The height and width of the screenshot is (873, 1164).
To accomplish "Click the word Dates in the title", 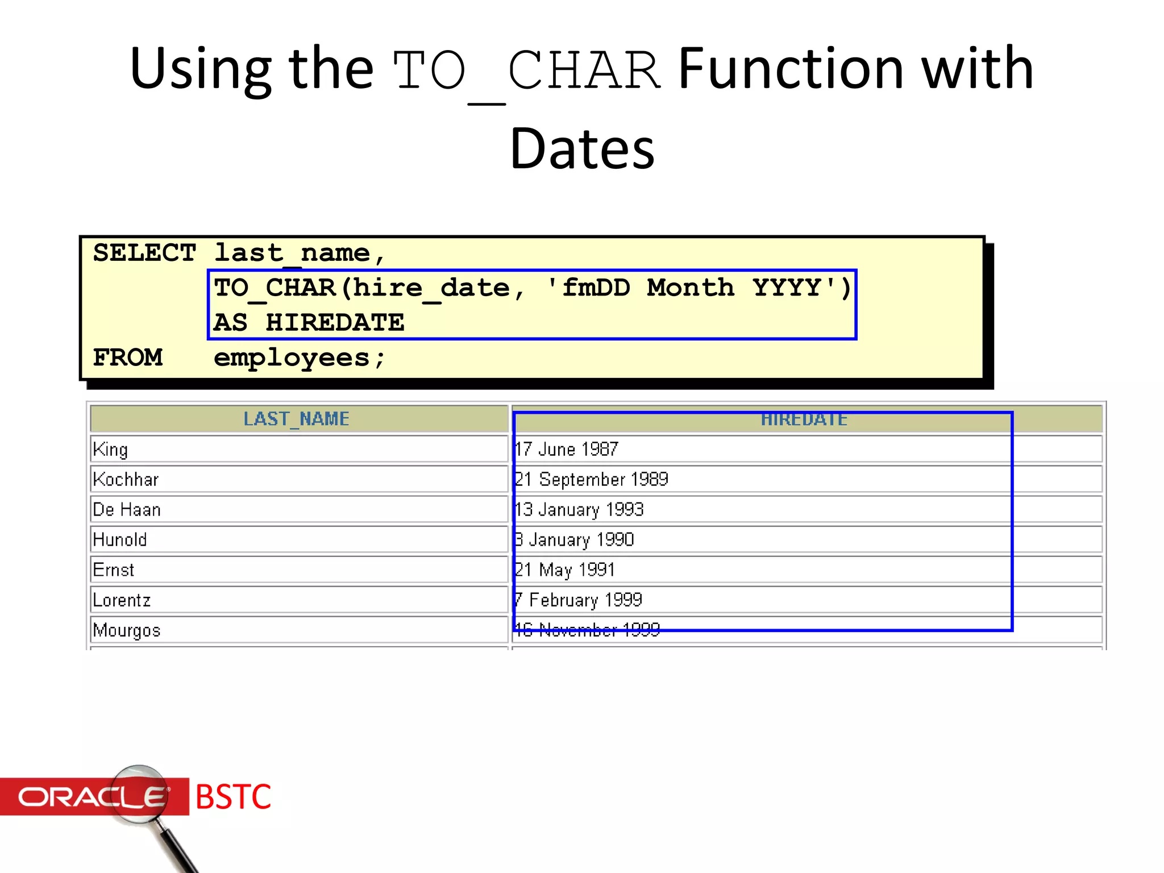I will (x=582, y=149).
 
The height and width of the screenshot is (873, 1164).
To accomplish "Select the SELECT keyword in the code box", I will (x=144, y=253).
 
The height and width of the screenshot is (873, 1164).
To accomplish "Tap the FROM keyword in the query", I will (x=128, y=357).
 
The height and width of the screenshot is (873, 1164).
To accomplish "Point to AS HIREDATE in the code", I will (x=309, y=323).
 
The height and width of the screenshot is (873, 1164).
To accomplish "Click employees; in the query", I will (x=300, y=358).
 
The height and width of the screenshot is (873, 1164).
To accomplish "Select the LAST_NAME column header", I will (x=296, y=419).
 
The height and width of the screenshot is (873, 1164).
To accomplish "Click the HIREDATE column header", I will (x=804, y=419).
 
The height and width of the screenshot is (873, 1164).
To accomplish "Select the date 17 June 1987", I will (x=567, y=449).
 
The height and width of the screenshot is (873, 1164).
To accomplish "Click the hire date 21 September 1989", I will (x=592, y=479).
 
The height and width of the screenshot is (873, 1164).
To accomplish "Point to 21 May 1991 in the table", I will (x=565, y=569).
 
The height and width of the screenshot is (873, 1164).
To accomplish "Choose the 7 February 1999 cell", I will (x=579, y=600).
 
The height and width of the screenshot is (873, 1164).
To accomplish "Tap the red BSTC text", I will (x=233, y=797).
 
